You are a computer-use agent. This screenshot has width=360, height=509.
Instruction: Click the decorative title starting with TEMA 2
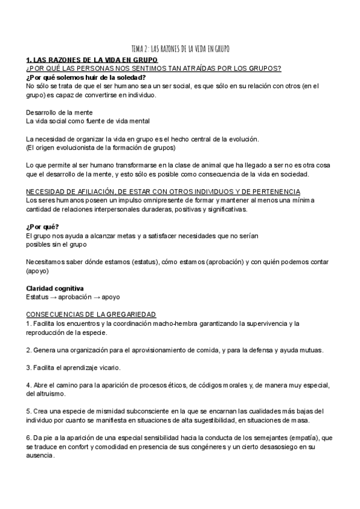tap(180, 48)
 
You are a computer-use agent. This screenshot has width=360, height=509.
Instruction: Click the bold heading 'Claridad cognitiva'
tap(55, 288)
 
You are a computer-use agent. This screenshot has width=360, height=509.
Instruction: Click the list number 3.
tap(29, 367)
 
